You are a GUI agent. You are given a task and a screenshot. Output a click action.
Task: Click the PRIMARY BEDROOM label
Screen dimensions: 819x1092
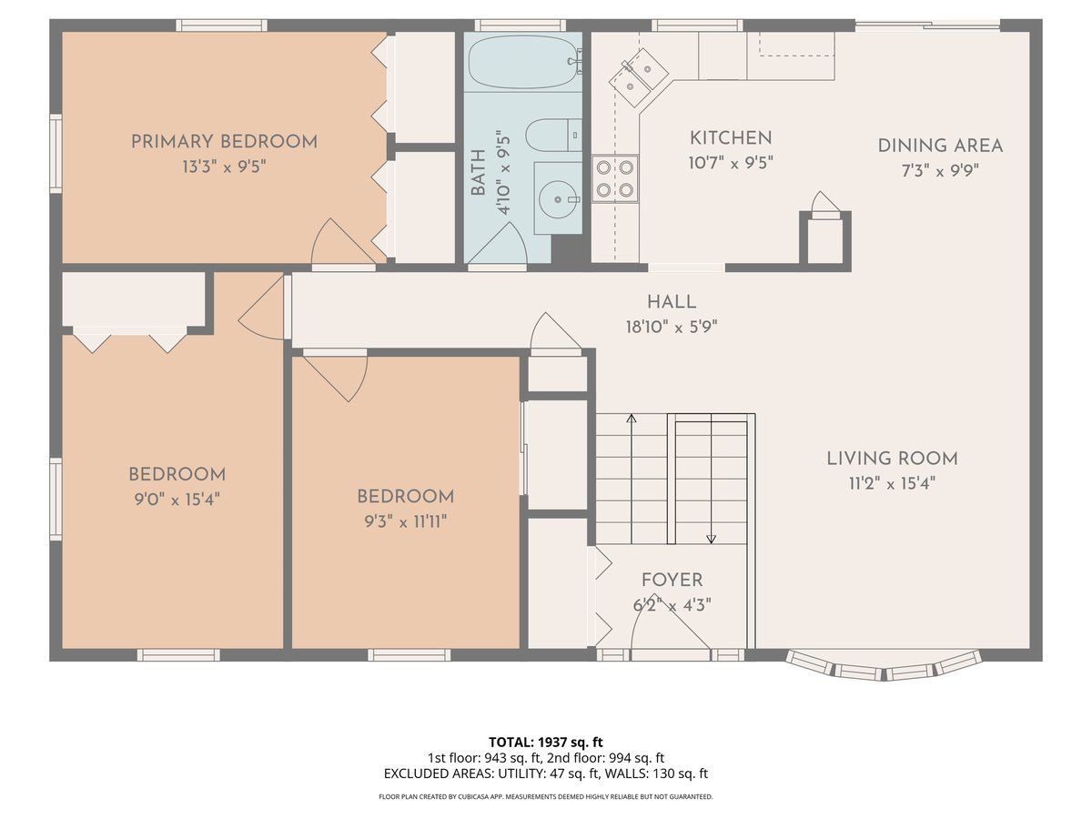point(224,142)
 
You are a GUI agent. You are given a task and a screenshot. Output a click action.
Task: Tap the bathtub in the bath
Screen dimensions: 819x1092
point(523,61)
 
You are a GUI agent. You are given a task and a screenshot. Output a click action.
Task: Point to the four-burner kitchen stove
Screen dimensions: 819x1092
point(614,178)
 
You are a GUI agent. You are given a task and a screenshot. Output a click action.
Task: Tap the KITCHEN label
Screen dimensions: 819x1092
point(731,138)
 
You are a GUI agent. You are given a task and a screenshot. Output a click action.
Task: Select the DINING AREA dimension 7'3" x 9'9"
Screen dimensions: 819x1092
point(940,169)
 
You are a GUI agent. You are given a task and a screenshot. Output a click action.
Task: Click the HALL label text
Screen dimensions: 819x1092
point(672,302)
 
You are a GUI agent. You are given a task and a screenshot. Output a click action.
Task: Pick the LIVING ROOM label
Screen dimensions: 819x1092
point(892,459)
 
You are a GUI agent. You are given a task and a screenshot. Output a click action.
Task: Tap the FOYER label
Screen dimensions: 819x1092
point(672,580)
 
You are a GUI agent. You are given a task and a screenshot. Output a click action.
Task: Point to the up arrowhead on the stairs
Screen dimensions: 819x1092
point(631,419)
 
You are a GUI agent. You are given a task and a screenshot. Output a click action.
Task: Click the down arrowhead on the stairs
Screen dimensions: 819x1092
point(711,539)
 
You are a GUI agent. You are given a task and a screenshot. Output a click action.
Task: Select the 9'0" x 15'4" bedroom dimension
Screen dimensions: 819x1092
point(177,499)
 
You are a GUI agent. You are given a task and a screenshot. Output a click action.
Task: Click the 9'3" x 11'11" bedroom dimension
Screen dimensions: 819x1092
point(405,521)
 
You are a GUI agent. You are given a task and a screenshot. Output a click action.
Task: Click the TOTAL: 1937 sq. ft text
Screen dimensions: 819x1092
point(545,742)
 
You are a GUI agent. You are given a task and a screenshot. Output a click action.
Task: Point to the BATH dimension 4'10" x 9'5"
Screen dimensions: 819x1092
point(503,173)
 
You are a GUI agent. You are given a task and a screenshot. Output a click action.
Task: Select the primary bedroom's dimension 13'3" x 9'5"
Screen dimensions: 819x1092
point(224,167)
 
